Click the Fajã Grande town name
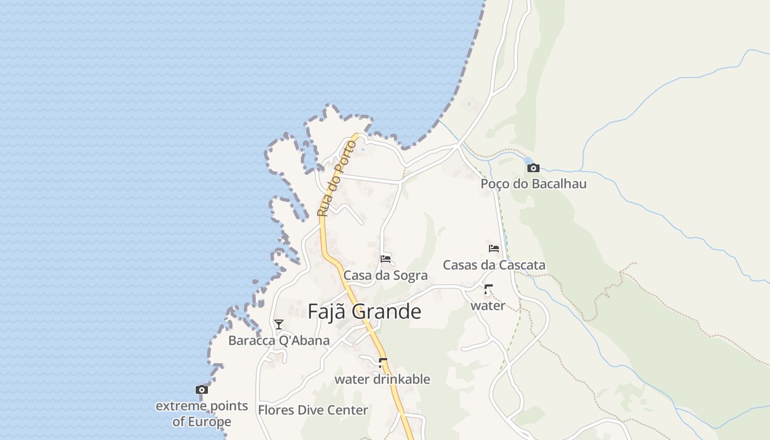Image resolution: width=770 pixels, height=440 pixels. [x=364, y=311]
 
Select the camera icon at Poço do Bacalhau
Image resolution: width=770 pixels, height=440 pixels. [x=533, y=168]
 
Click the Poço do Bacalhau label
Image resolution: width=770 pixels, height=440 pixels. [x=533, y=184]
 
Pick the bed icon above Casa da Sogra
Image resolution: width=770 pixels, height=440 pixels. [x=385, y=258]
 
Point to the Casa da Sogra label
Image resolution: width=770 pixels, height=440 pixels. [x=385, y=275]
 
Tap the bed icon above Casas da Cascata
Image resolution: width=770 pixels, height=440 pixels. [x=493, y=248]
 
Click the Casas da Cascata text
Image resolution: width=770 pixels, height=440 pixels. [x=494, y=265]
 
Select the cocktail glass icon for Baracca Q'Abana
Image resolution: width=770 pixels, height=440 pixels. [x=279, y=324]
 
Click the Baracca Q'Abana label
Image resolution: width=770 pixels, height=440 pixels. [x=279, y=340]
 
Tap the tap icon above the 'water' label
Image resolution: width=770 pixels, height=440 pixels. [x=488, y=289]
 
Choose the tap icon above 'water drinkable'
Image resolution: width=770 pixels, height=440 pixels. [x=382, y=362]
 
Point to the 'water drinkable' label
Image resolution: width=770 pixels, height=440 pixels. [x=382, y=380]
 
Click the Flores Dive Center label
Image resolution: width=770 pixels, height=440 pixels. [x=313, y=410]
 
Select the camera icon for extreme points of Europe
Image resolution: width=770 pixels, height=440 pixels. [x=202, y=389]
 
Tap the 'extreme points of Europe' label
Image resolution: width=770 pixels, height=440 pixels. [x=202, y=414]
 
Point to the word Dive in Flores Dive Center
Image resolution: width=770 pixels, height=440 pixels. [x=311, y=410]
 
